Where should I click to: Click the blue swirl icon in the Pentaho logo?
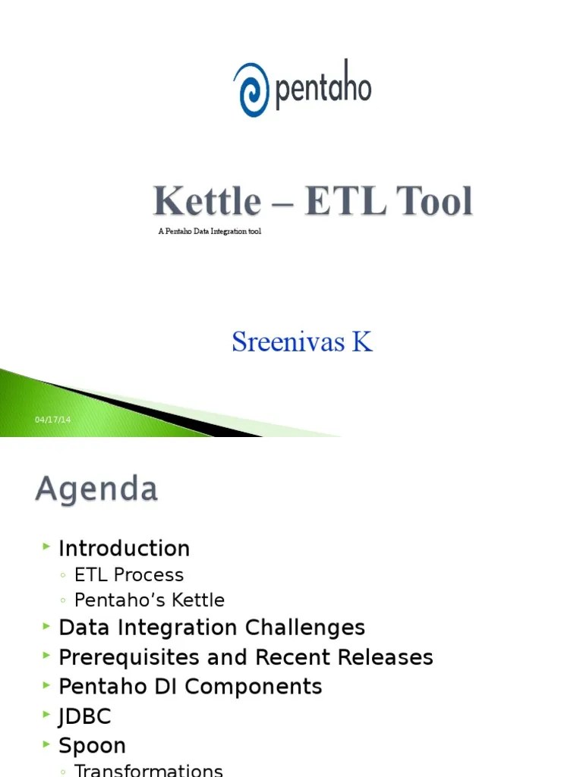tap(251, 90)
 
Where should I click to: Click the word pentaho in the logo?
tap(323, 89)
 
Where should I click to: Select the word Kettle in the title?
tap(206, 202)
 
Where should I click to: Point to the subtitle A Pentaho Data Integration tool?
tap(210, 231)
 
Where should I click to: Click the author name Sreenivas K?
tap(302, 342)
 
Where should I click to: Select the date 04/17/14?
tap(52, 420)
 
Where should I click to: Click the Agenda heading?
tap(96, 489)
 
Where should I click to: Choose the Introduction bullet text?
tap(124, 549)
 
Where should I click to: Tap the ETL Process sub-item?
tap(129, 575)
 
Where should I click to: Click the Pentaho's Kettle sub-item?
tap(150, 600)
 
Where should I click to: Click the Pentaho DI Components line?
tap(191, 687)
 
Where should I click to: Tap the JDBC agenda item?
tap(85, 716)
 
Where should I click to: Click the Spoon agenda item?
tap(93, 746)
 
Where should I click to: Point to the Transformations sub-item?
tap(149, 770)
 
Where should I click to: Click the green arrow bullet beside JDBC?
tap(47, 716)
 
